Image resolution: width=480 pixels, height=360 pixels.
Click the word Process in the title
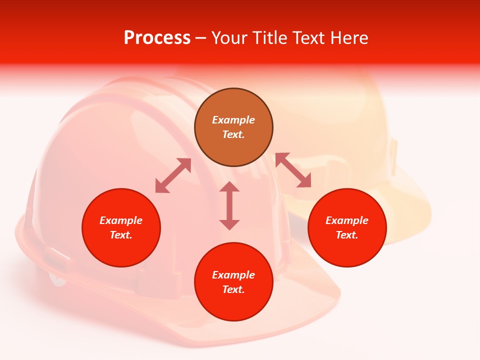[157, 38]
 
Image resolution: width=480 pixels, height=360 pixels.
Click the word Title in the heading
[269, 38]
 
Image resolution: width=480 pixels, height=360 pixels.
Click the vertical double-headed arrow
[229, 205]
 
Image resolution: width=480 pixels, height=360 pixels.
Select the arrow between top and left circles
[173, 175]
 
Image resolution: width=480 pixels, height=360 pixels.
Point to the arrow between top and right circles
[293, 170]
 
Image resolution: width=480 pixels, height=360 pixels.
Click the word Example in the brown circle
[233, 120]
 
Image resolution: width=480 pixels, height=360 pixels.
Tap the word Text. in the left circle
[121, 235]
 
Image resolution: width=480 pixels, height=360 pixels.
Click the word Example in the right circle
[347, 220]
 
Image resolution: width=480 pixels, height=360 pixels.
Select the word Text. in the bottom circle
[233, 289]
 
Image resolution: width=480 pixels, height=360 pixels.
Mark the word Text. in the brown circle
[233, 134]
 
